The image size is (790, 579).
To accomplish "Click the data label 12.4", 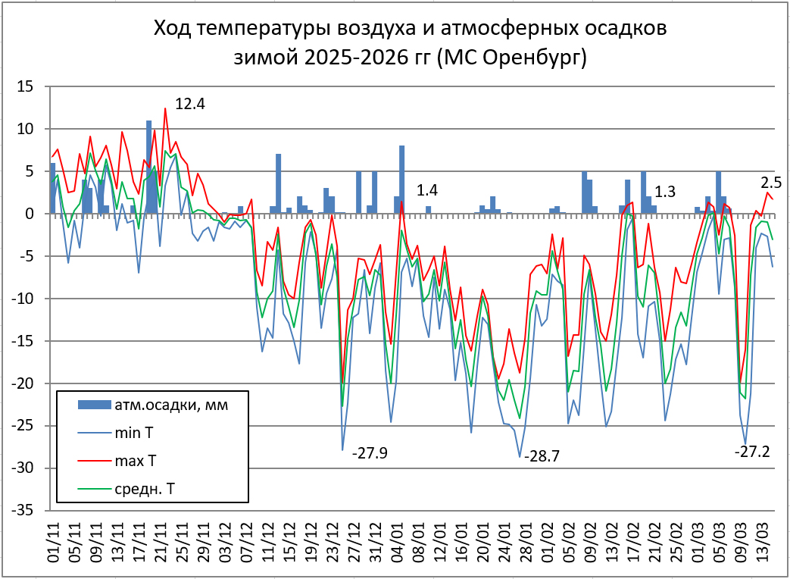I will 190,104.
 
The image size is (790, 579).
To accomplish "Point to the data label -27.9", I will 370,453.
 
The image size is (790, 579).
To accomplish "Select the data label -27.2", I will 752,452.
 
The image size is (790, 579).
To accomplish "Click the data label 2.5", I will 770,182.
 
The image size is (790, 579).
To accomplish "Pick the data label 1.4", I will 428,190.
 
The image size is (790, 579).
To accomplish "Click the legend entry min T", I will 135,433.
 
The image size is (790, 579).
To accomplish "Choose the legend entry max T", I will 136,460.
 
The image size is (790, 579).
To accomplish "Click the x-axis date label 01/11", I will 54,545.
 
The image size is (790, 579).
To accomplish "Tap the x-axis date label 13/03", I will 766,545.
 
